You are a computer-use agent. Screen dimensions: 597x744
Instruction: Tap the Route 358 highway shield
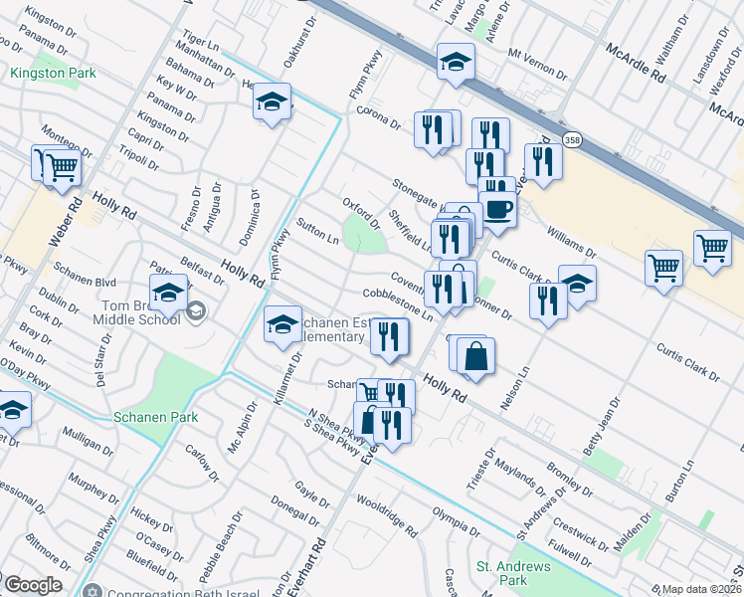point(572,140)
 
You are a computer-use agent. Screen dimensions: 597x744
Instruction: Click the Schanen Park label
point(155,418)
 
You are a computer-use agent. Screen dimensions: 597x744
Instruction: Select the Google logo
point(32,585)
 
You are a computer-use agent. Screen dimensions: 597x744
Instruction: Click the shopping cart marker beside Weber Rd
point(61,167)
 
